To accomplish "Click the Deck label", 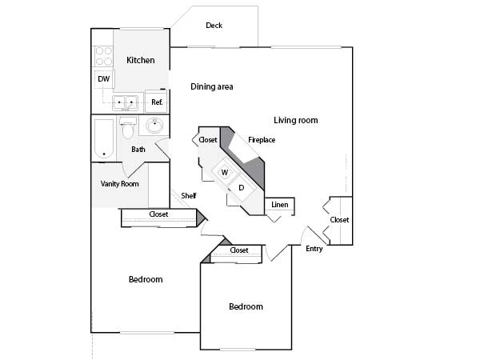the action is coord(214,26).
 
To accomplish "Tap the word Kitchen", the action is coord(141,60).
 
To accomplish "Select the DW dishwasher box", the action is coord(103,79).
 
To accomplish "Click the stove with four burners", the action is coord(103,56).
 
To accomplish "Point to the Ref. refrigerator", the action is coord(156,102).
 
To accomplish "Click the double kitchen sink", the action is coord(126,102).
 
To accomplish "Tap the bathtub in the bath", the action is coord(104,138).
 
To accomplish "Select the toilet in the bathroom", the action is coord(128,128).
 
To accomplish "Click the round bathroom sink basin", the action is coord(154,126).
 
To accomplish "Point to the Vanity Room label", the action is coord(120,184).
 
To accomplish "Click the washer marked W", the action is coord(225,172).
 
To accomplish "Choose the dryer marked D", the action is coord(242,188).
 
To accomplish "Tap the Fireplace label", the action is coord(262,140).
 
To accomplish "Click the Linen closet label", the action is coord(280,205).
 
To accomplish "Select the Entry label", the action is coord(314,249).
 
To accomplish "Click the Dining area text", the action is coord(212,86).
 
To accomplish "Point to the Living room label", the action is coord(296,120).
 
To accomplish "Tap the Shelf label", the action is coord(189,196).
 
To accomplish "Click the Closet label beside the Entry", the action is coord(339,220).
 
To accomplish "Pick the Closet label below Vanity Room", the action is coord(158,214).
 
